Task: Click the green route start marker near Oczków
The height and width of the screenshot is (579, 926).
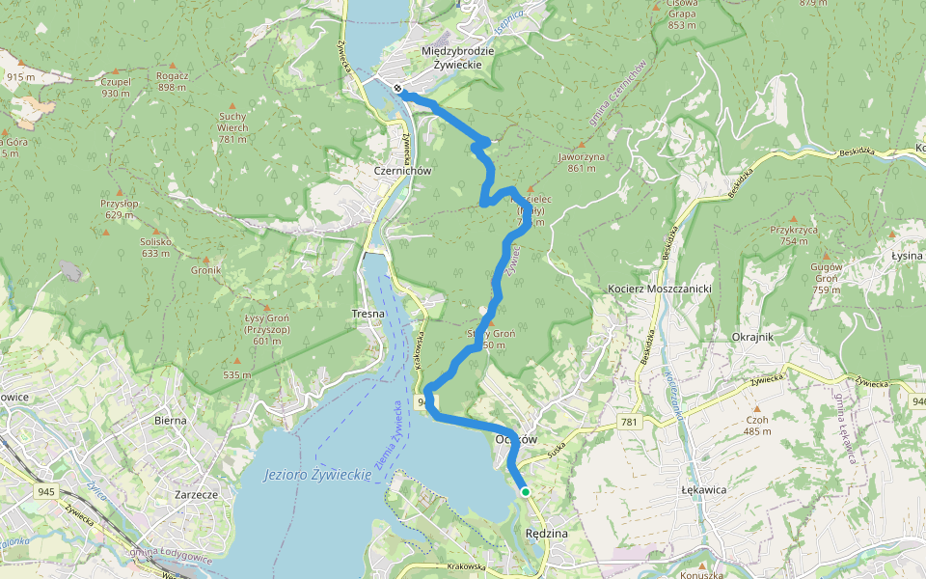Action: (526, 492)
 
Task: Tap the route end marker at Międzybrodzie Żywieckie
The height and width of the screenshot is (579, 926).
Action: (397, 89)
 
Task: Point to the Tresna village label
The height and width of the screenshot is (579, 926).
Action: (368, 314)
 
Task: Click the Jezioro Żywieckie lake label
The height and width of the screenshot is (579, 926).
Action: (317, 475)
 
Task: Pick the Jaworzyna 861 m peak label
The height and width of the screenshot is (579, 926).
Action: (582, 161)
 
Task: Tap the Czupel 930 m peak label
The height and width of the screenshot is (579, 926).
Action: (115, 88)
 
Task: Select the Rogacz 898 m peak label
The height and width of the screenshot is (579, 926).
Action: (172, 81)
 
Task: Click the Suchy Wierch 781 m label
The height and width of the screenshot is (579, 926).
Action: (232, 127)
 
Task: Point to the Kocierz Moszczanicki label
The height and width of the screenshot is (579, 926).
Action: (660, 289)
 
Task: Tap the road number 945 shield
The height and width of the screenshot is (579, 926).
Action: (46, 492)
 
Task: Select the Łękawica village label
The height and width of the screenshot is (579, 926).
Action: (702, 490)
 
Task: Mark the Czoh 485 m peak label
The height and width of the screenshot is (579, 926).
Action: (757, 425)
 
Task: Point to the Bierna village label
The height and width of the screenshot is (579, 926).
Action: (170, 420)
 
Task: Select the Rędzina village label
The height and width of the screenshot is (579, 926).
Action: (547, 533)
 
